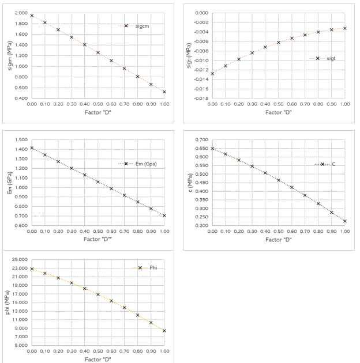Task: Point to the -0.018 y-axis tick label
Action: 200,99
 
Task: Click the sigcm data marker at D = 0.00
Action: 32,16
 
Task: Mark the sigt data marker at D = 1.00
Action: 345,28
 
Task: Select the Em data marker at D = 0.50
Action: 98,181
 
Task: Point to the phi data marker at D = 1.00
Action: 164,331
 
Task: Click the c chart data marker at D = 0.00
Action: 212,149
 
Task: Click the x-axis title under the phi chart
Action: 97,359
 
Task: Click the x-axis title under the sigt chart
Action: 279,112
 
